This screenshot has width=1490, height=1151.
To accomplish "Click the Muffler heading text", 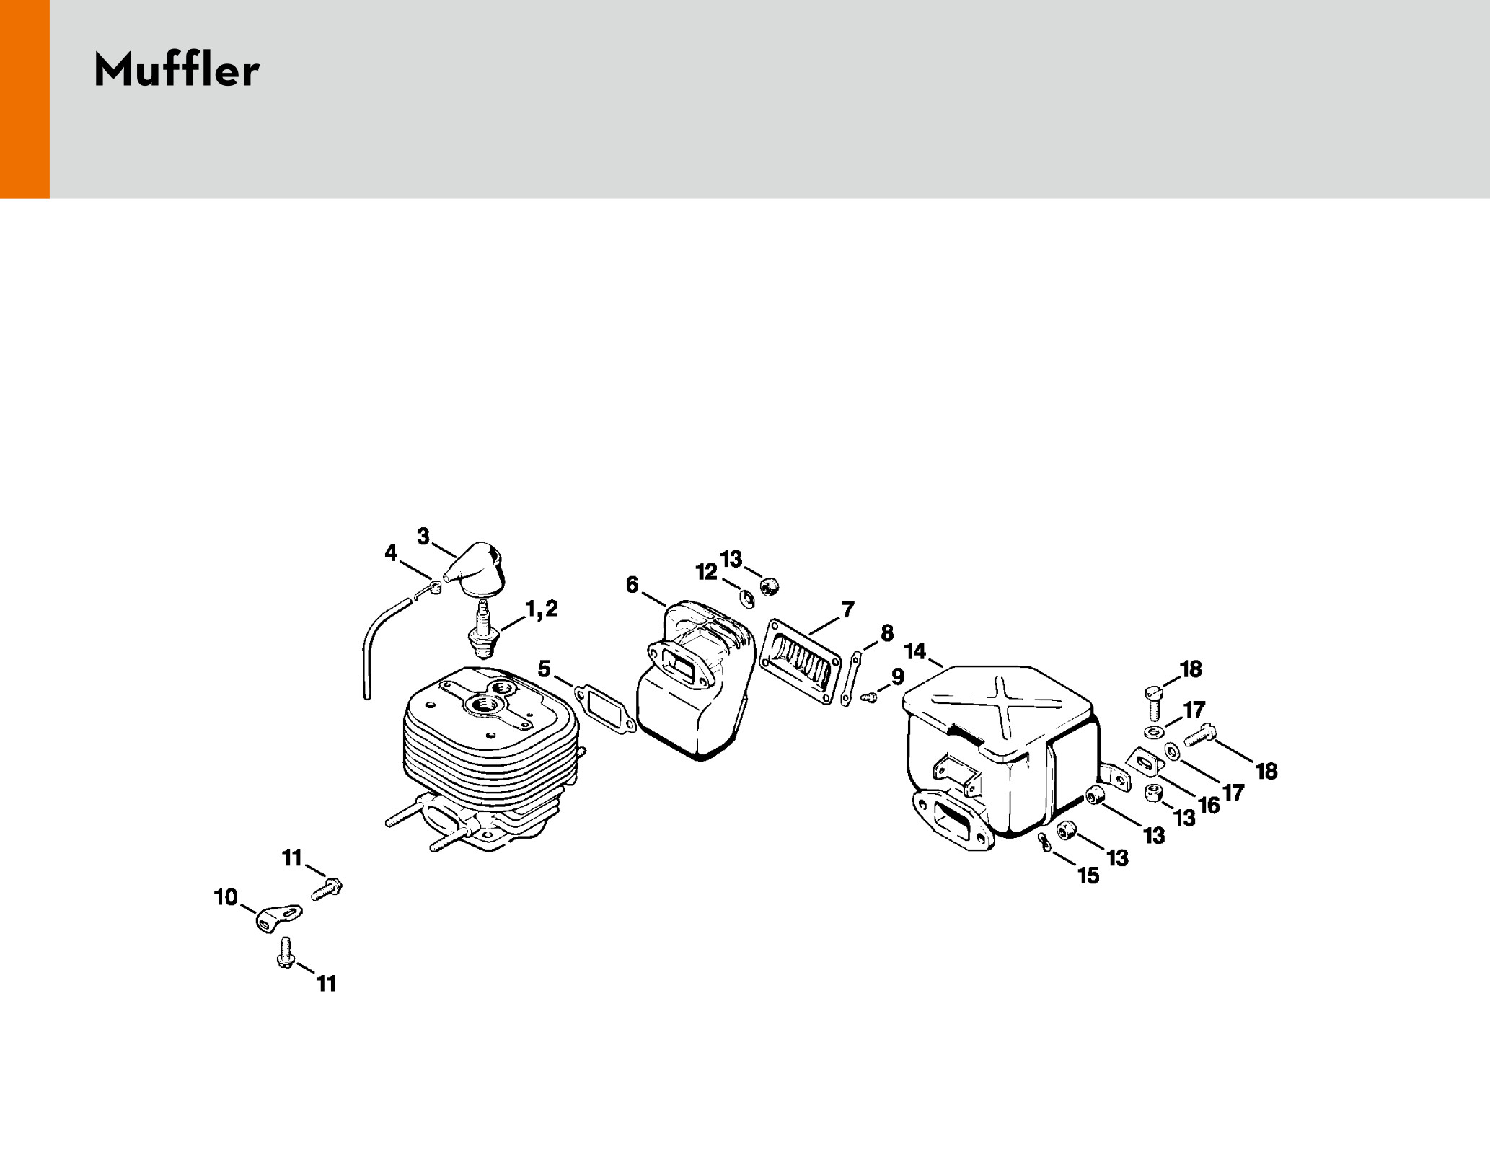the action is point(176,71).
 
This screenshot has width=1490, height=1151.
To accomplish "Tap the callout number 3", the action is point(423,536).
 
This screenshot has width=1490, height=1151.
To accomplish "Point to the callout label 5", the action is point(545,669).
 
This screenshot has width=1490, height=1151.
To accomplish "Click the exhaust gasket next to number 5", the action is point(605,708).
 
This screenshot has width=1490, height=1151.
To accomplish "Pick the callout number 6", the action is point(632,585).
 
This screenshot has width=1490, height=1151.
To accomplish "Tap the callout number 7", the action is point(848,609).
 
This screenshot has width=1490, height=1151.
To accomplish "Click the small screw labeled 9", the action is point(870,697).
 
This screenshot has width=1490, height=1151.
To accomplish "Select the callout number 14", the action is point(915,651).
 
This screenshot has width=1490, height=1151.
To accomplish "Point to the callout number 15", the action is point(1088,876).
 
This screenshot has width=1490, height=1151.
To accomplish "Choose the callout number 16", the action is point(1209,805).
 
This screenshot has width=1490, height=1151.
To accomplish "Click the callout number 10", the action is point(226,897).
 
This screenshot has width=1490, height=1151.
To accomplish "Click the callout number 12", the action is point(707,572).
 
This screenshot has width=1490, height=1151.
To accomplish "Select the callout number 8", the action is point(887,633).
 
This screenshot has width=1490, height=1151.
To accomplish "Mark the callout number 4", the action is point(391,553).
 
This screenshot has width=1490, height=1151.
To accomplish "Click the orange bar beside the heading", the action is point(25,99).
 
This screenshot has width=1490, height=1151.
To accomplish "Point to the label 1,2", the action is point(542,609).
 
